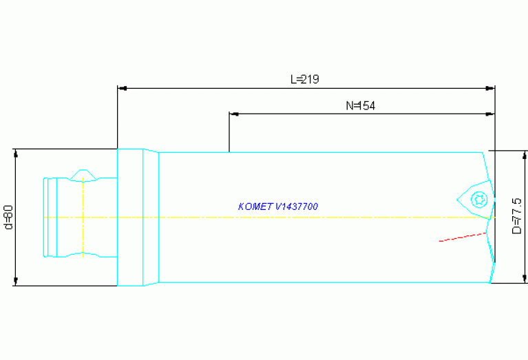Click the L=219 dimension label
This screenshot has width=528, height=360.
[x=305, y=79]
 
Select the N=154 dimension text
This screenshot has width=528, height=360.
[x=360, y=106]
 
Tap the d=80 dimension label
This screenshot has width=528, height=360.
[x=9, y=218]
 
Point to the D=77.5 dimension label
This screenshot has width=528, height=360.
[x=516, y=216]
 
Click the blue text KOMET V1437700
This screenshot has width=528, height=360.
[x=278, y=207]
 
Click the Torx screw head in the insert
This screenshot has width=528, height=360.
[x=479, y=200]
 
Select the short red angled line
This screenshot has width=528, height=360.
[x=463, y=237]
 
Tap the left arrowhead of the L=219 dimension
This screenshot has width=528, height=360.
[x=123, y=88]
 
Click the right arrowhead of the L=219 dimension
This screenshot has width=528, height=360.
[x=490, y=88]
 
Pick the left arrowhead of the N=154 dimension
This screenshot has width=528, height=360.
[x=234, y=114]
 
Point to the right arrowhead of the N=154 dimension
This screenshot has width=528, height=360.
[x=490, y=114]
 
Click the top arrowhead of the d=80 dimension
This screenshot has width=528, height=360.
[x=16, y=153]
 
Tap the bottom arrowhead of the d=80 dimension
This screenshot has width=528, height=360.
[x=16, y=282]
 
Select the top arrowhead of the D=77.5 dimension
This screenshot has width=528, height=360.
[x=525, y=155]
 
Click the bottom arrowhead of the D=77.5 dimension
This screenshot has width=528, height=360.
[x=525, y=279]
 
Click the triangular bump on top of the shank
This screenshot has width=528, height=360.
[x=83, y=175]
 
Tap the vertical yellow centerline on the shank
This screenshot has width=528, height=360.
[x=83, y=218]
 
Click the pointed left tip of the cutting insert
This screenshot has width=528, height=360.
[x=457, y=200]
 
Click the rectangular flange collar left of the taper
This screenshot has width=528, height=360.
[x=130, y=218]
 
